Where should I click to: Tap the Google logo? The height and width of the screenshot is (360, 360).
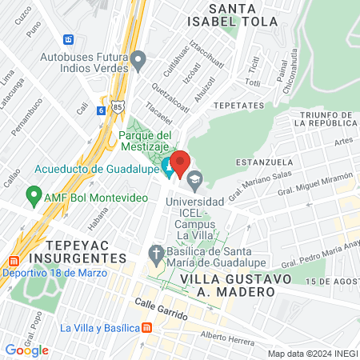click(x=26, y=350)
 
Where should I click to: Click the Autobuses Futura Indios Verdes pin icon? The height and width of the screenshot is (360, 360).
click(x=138, y=60)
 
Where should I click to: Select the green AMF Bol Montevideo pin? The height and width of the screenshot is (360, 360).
click(x=34, y=194)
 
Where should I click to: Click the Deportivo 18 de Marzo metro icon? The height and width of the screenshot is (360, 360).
click(x=14, y=262)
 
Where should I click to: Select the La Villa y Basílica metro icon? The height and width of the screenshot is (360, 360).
click(x=146, y=328)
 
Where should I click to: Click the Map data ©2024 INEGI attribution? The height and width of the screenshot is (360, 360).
click(x=312, y=354)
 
